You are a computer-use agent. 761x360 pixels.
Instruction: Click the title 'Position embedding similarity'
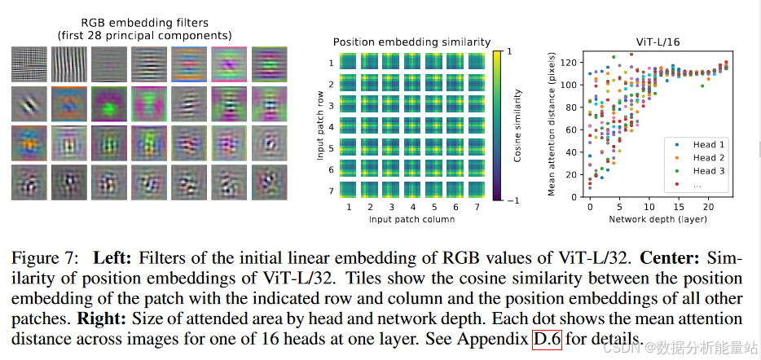411,42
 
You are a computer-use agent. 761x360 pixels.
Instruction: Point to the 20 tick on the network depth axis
710,208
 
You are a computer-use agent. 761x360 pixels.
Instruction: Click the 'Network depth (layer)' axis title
657,220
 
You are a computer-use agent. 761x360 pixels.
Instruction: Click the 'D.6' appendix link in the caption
548,337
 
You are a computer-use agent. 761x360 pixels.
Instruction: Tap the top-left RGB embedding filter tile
28,64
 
